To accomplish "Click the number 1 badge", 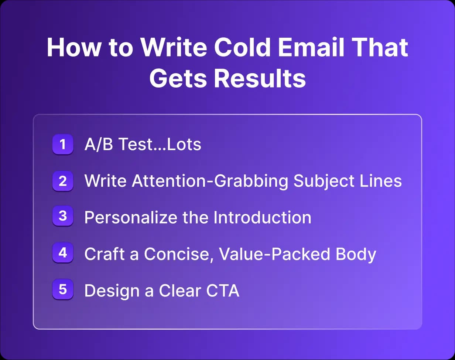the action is [63, 145].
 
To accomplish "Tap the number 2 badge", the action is [63, 181].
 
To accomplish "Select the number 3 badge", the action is [63, 216].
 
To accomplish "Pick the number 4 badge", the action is [63, 253].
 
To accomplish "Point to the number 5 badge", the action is [63, 289].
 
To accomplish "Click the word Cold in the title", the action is [242, 47].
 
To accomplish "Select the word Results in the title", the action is [260, 78].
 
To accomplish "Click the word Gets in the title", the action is [178, 78].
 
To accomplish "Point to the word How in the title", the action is [73, 47].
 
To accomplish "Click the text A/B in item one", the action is [99, 144].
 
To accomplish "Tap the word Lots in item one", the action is [184, 144].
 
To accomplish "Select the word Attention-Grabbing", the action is [210, 181].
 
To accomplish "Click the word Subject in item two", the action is [324, 181].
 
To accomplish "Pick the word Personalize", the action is [131, 218].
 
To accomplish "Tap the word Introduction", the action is [262, 218].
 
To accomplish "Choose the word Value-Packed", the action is [274, 254].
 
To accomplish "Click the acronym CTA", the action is [223, 291].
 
